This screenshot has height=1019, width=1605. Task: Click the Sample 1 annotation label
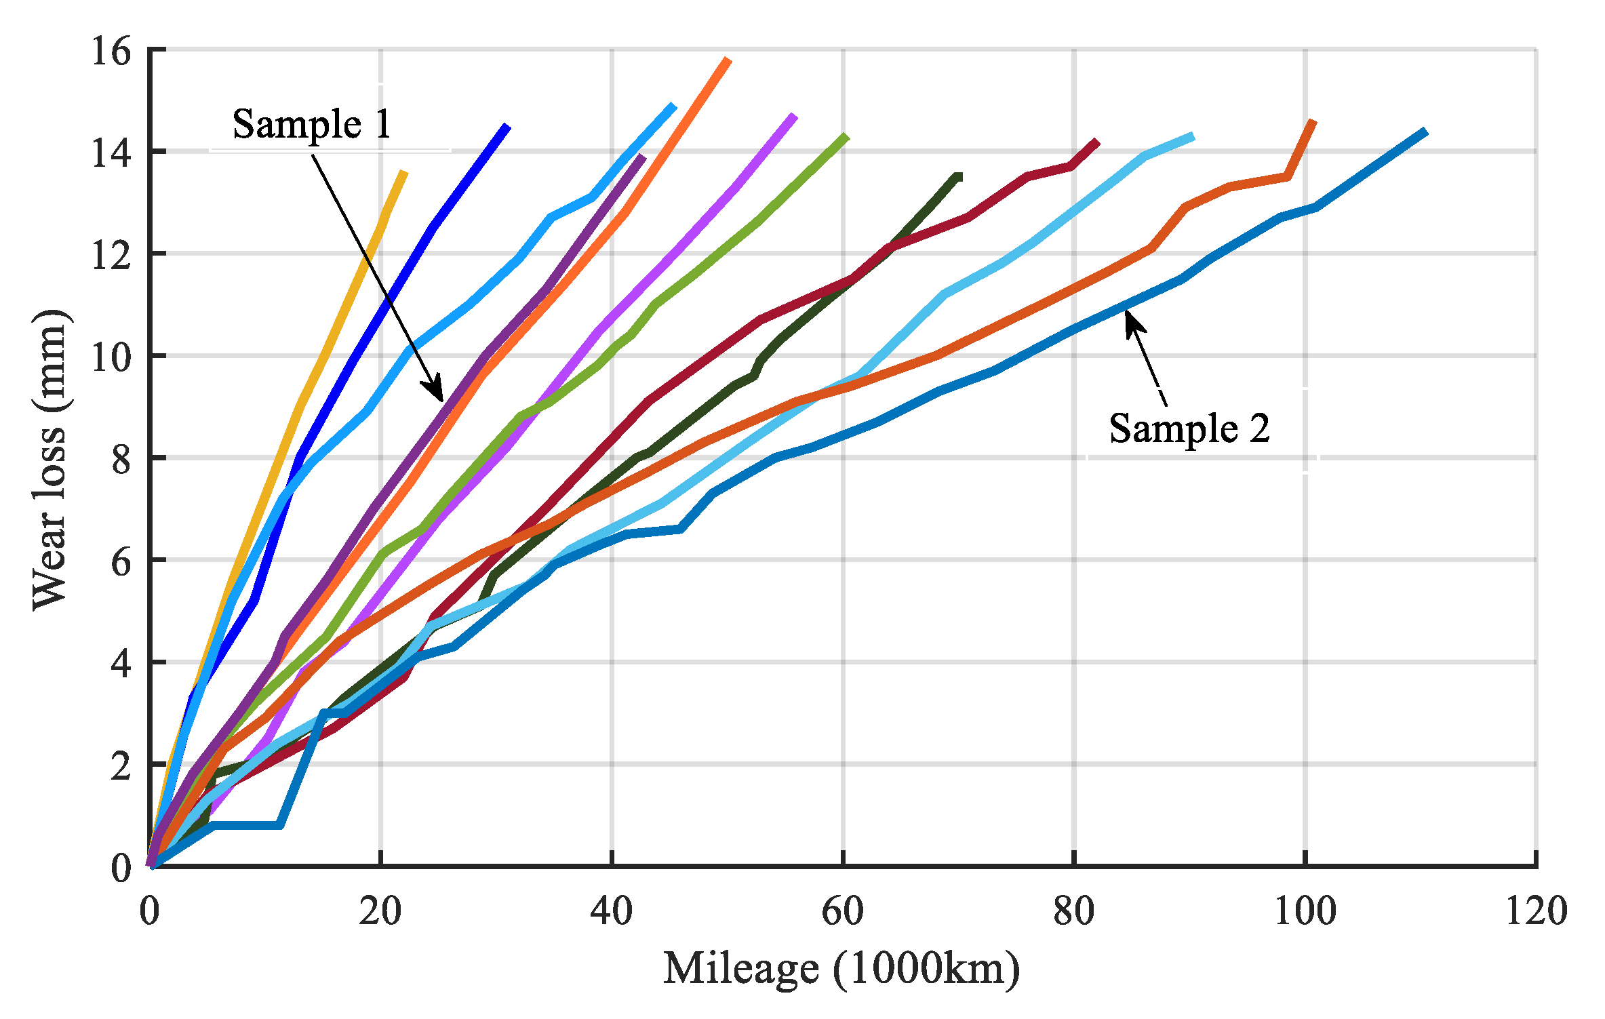pyautogui.click(x=312, y=124)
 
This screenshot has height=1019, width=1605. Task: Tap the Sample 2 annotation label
pyautogui.click(x=1189, y=428)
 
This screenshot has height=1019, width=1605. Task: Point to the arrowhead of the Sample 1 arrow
pyautogui.click(x=438, y=394)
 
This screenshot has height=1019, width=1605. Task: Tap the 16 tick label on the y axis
pyautogui.click(x=111, y=51)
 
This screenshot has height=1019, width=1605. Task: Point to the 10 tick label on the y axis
pyautogui.click(x=111, y=357)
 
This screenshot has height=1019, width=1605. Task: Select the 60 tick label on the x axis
pyautogui.click(x=842, y=911)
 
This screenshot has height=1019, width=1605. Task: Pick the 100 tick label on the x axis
pyautogui.click(x=1305, y=911)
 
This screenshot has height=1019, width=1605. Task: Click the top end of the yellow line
pyautogui.click(x=405, y=173)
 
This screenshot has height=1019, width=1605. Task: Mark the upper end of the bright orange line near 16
pyautogui.click(x=728, y=60)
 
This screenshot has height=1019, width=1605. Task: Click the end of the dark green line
pyautogui.click(x=959, y=177)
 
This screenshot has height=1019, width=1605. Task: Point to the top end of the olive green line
pyautogui.click(x=846, y=136)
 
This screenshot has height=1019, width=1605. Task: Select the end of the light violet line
pyautogui.click(x=794, y=116)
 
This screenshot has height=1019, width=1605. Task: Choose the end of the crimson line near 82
pyautogui.click(x=1096, y=142)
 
